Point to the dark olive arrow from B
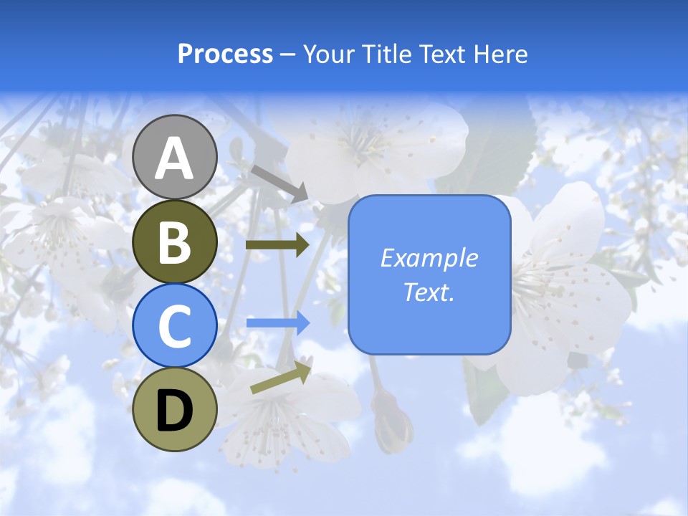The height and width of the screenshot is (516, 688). [x=277, y=244]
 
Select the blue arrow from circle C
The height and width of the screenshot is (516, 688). [x=277, y=322]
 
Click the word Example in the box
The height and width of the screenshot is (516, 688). [x=429, y=258]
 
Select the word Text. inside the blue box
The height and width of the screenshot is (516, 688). [x=429, y=292]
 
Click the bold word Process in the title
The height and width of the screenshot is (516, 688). [x=225, y=54]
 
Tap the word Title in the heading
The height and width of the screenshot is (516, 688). [x=388, y=54]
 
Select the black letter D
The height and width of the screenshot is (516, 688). [x=175, y=411]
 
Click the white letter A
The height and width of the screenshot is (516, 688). [x=175, y=158]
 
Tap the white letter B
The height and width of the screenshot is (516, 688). [x=175, y=242]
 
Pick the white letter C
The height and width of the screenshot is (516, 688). [x=175, y=326]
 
